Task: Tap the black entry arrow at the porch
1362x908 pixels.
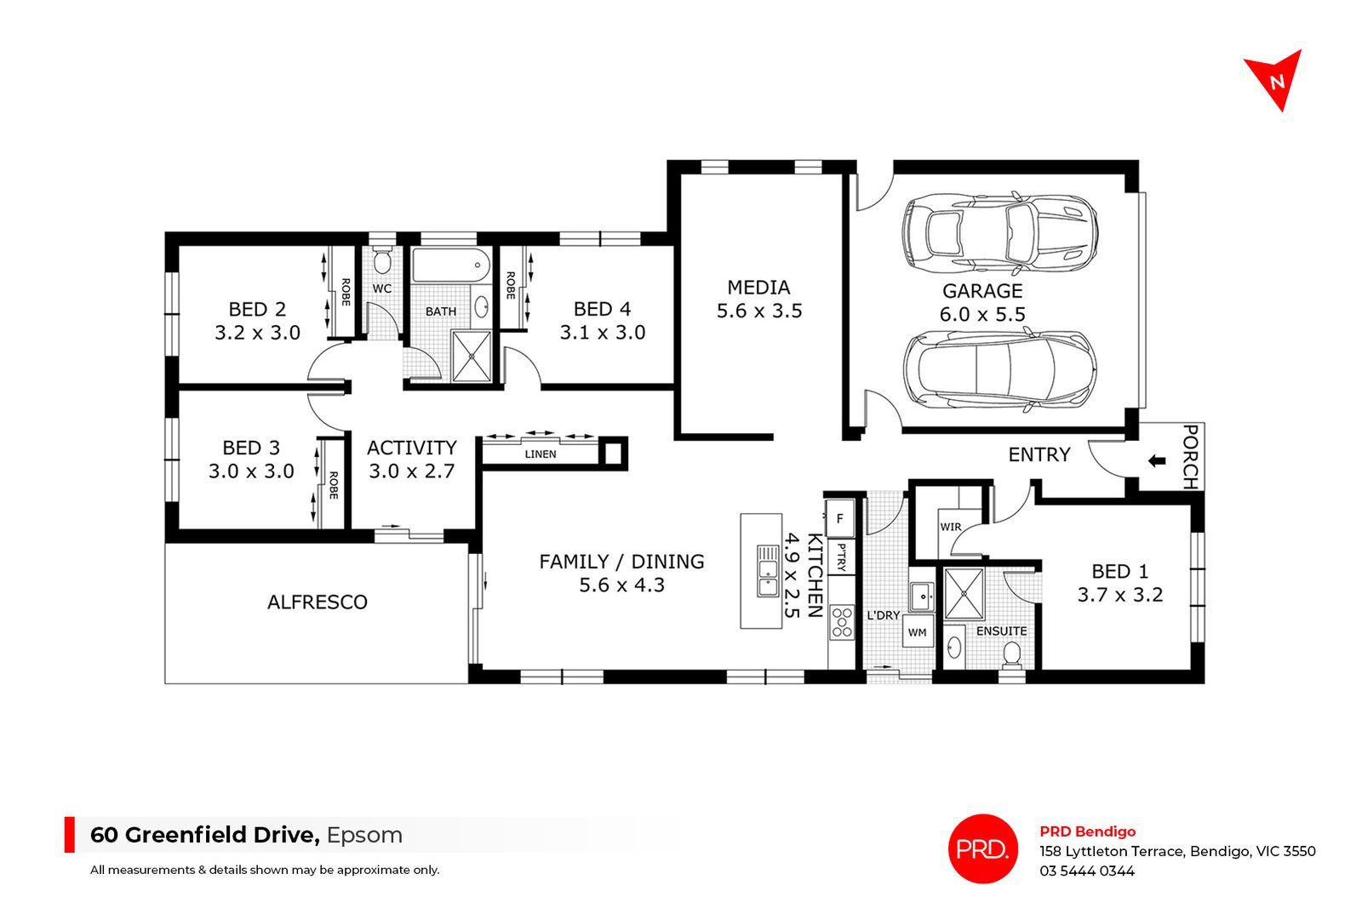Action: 1156,461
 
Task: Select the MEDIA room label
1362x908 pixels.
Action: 758,288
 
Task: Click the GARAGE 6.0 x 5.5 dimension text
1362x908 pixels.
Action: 981,314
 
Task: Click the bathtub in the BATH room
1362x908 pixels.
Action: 451,265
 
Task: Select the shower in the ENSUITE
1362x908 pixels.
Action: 964,593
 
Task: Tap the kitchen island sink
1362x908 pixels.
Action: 768,570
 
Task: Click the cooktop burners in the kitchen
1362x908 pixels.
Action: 842,621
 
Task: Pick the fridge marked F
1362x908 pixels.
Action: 839,518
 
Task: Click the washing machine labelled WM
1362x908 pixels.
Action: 917,632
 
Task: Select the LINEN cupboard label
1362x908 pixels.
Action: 541,454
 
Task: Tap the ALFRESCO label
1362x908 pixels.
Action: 318,602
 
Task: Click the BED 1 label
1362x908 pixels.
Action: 1119,572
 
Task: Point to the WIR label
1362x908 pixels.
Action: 950,527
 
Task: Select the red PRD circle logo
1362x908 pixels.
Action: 982,848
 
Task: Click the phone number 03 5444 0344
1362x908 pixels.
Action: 1086,871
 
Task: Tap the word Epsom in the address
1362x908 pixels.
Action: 364,835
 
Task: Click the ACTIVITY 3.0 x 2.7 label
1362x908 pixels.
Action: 412,460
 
